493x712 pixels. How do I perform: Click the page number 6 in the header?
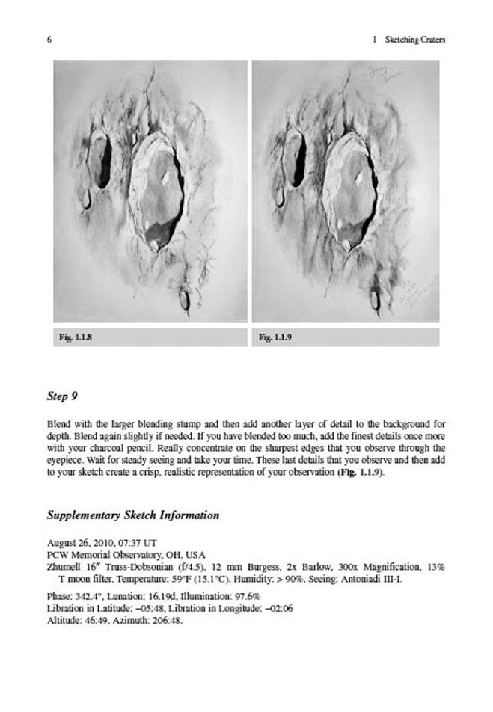[49, 40]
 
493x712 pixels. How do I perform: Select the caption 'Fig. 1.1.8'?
[75, 338]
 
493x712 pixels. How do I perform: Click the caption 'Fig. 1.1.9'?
[275, 338]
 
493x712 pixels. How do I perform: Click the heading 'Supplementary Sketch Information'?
[133, 515]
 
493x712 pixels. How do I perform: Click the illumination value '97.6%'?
[243, 597]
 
